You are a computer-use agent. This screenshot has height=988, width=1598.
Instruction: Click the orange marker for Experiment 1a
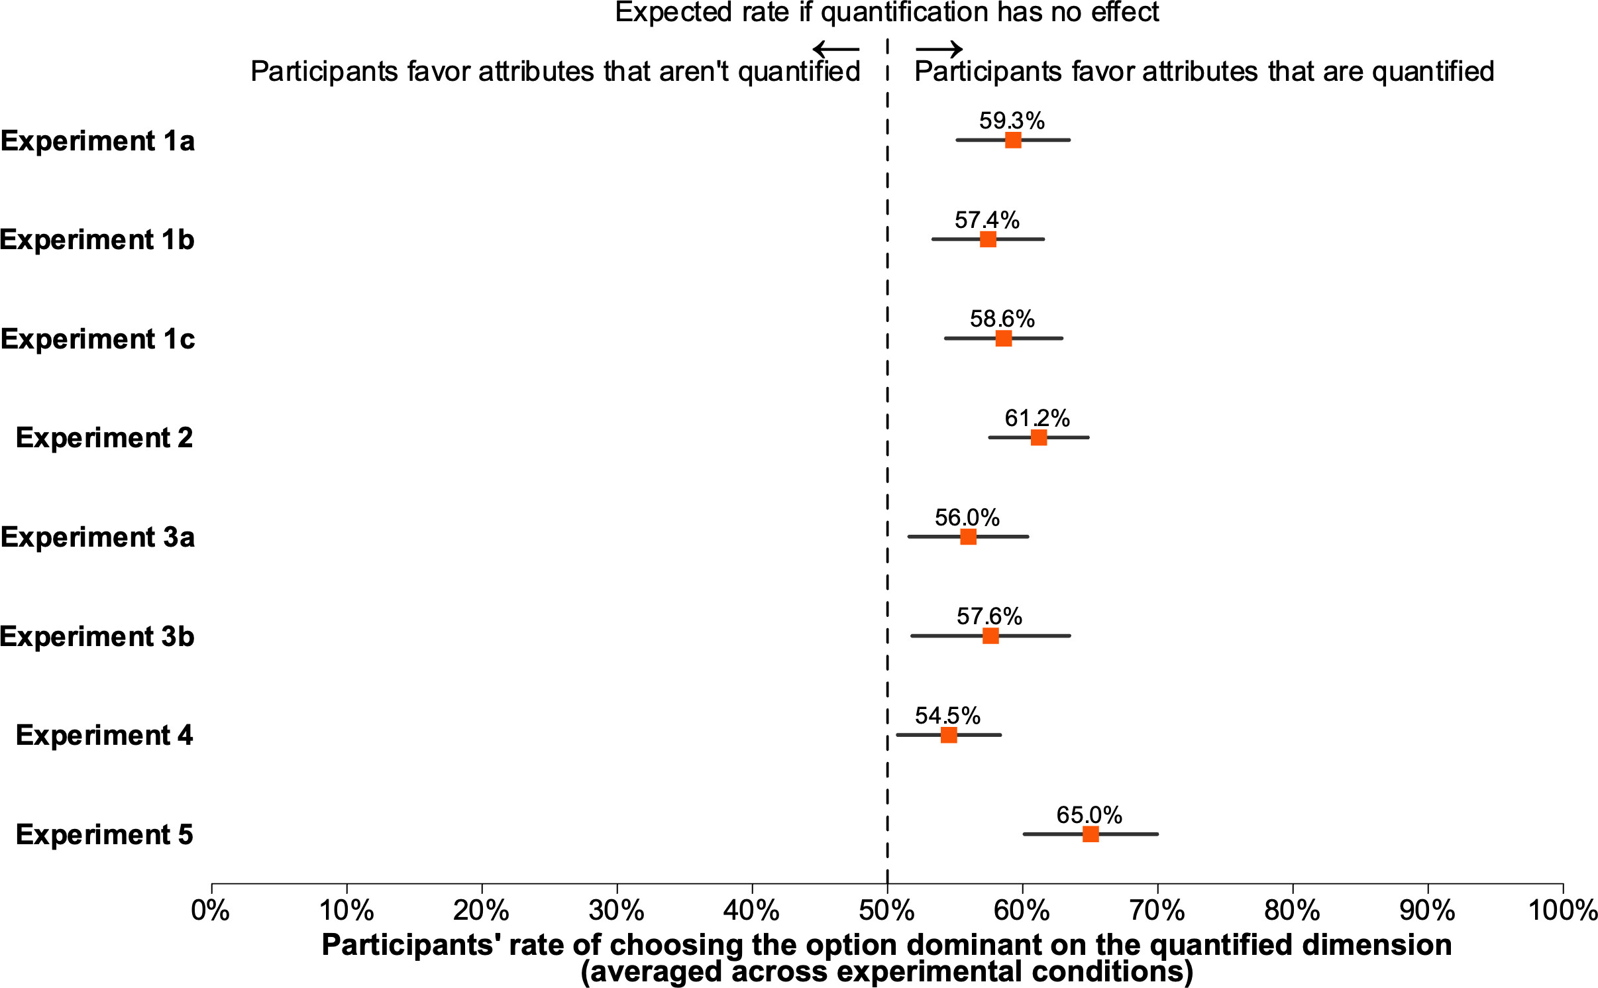pos(1012,140)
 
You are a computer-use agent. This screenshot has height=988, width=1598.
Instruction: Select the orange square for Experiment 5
pos(1090,834)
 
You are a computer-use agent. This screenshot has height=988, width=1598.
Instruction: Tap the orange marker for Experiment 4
pos(948,735)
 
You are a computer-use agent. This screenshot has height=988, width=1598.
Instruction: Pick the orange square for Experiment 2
pos(1038,437)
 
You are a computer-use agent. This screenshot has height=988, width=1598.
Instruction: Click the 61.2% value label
pos(1037,418)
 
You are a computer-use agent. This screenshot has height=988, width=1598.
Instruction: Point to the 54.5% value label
pos(947,716)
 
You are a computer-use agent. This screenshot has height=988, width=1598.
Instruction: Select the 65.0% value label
pos(1089,814)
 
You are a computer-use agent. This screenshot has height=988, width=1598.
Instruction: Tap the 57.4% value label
pos(986,220)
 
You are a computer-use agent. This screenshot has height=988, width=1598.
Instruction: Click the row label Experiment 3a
pos(98,537)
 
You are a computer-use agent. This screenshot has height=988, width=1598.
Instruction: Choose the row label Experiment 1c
pos(98,339)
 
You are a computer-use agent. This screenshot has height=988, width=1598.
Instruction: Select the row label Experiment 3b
pos(97,636)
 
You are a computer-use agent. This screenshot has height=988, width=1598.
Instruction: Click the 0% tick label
pos(211,910)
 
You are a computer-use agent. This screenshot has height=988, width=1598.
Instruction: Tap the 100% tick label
pos(1562,910)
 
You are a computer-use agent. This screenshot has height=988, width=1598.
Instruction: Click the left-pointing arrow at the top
pos(836,48)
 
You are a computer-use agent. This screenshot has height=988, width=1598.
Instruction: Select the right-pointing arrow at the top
pos(939,48)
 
